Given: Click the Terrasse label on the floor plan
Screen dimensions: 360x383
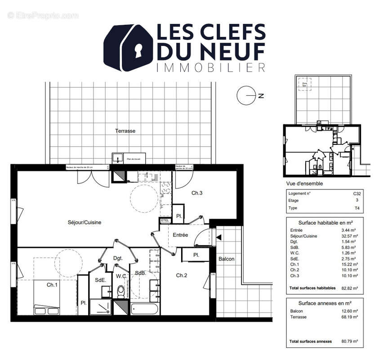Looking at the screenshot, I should pos(125,131).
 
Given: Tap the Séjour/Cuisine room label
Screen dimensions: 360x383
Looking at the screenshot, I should pos(85,222).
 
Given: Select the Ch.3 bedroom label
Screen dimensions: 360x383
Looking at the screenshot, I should pos(197,193).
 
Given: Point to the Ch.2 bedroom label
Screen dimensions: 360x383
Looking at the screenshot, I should pos(182,275).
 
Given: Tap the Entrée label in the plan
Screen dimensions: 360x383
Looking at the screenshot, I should pos(180,235).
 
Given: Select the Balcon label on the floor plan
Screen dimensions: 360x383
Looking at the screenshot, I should pos(226,259).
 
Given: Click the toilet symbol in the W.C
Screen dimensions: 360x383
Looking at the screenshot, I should pos(120,292).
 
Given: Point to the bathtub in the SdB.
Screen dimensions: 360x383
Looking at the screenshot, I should pos(144,309).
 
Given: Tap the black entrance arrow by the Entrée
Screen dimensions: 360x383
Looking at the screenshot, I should pos(219,238).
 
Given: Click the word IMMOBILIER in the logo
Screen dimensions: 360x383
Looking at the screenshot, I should pos(210,67).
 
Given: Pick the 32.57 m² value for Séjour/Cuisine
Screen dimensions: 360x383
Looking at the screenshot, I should pos(349,236).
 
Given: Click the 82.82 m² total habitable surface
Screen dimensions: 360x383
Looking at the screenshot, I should pos(349,288).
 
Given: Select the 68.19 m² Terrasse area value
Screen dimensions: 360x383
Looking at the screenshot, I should pos(349,317).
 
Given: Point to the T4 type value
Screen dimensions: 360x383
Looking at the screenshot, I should pos(357,208).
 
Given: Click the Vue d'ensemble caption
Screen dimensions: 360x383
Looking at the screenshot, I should pos(304,184).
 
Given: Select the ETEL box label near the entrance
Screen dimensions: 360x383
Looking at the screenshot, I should pos(165,220).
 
